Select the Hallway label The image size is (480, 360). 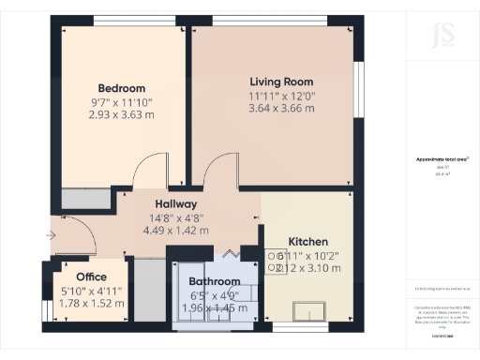click(175, 203)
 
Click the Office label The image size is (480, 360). click(91, 277)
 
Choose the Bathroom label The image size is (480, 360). click(214, 281)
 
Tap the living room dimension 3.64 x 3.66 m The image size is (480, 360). click(281, 108)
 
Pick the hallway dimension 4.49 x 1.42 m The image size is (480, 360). click(175, 230)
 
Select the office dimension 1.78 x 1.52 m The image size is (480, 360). click(91, 303)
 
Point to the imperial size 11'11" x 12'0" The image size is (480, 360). click(281, 95)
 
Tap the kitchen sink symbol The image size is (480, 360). click(307, 310)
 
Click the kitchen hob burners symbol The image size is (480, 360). click(274, 261)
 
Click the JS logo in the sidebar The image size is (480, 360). click(435, 39)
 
